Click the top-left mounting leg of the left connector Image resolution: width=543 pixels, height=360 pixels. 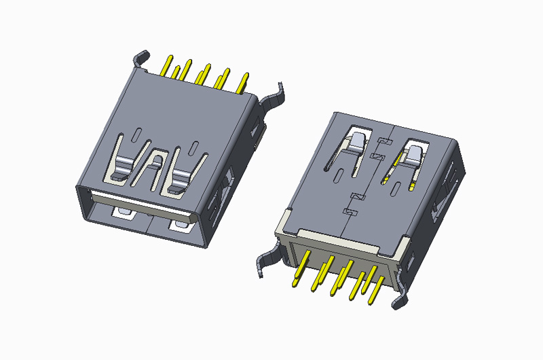pyautogui.click(x=141, y=58)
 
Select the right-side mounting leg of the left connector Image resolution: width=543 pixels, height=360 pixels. pyautogui.click(x=276, y=95)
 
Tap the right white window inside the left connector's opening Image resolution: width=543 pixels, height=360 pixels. pyautogui.click(x=181, y=225)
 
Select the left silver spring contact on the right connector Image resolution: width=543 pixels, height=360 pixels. pyautogui.click(x=357, y=143)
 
